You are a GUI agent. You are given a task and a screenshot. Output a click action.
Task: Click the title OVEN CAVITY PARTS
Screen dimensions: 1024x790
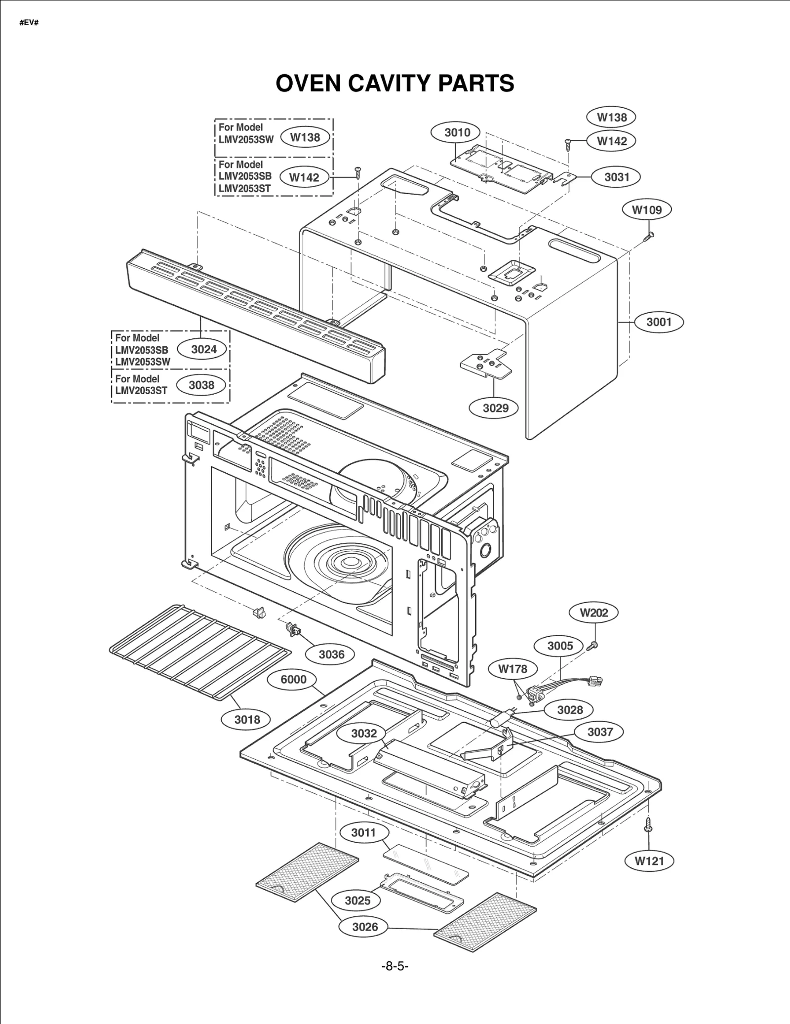[x=395, y=83]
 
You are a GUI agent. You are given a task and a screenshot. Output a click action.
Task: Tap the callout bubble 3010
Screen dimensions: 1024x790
[x=457, y=132]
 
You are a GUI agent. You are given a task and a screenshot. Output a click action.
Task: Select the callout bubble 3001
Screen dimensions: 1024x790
[x=659, y=322]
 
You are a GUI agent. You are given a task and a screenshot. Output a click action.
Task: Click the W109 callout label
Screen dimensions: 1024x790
[x=647, y=210]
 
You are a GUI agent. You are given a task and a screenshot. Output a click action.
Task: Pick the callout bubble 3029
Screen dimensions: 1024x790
[x=495, y=408]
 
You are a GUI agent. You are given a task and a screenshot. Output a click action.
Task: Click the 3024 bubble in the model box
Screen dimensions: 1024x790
[x=203, y=350]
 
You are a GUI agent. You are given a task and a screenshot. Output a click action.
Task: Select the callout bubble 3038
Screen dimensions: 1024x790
[x=201, y=385]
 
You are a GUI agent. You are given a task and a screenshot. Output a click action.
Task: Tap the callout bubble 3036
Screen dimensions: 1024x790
[x=331, y=655]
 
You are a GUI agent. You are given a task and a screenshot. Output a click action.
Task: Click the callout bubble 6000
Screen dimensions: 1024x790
[x=293, y=680]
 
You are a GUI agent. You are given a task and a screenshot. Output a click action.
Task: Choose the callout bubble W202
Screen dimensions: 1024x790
[x=593, y=613]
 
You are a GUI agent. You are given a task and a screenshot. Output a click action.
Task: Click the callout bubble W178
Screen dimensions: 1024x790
[x=513, y=669]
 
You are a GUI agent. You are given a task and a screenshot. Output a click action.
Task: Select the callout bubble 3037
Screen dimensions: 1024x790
[x=599, y=732]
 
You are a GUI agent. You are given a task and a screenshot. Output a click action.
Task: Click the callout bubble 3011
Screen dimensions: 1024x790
[x=363, y=833]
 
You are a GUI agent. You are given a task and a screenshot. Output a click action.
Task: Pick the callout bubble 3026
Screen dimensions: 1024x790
[x=365, y=927]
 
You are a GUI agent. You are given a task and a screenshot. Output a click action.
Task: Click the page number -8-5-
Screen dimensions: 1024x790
[x=395, y=966]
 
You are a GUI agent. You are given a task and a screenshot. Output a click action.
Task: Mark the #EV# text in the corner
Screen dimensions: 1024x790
[x=29, y=23]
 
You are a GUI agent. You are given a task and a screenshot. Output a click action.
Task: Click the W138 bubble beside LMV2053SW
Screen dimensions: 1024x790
[x=305, y=138]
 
